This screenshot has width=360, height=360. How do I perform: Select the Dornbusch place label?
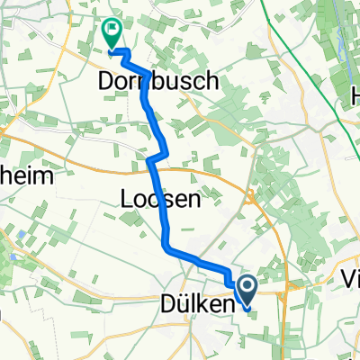click(157, 82)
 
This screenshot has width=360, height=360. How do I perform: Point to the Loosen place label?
click(159, 200)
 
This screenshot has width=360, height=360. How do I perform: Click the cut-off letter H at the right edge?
click(354, 79)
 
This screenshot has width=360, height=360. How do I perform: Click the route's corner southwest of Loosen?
click(167, 244)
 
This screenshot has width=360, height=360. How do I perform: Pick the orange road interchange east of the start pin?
click(286, 292)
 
